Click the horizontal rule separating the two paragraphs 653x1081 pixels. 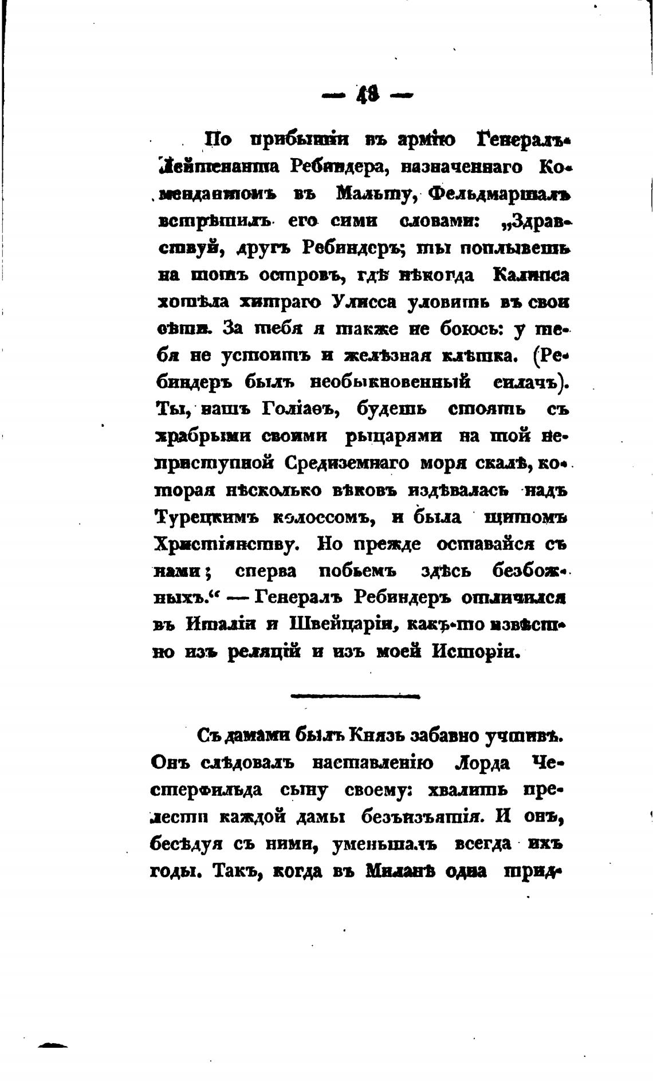(355, 696)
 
